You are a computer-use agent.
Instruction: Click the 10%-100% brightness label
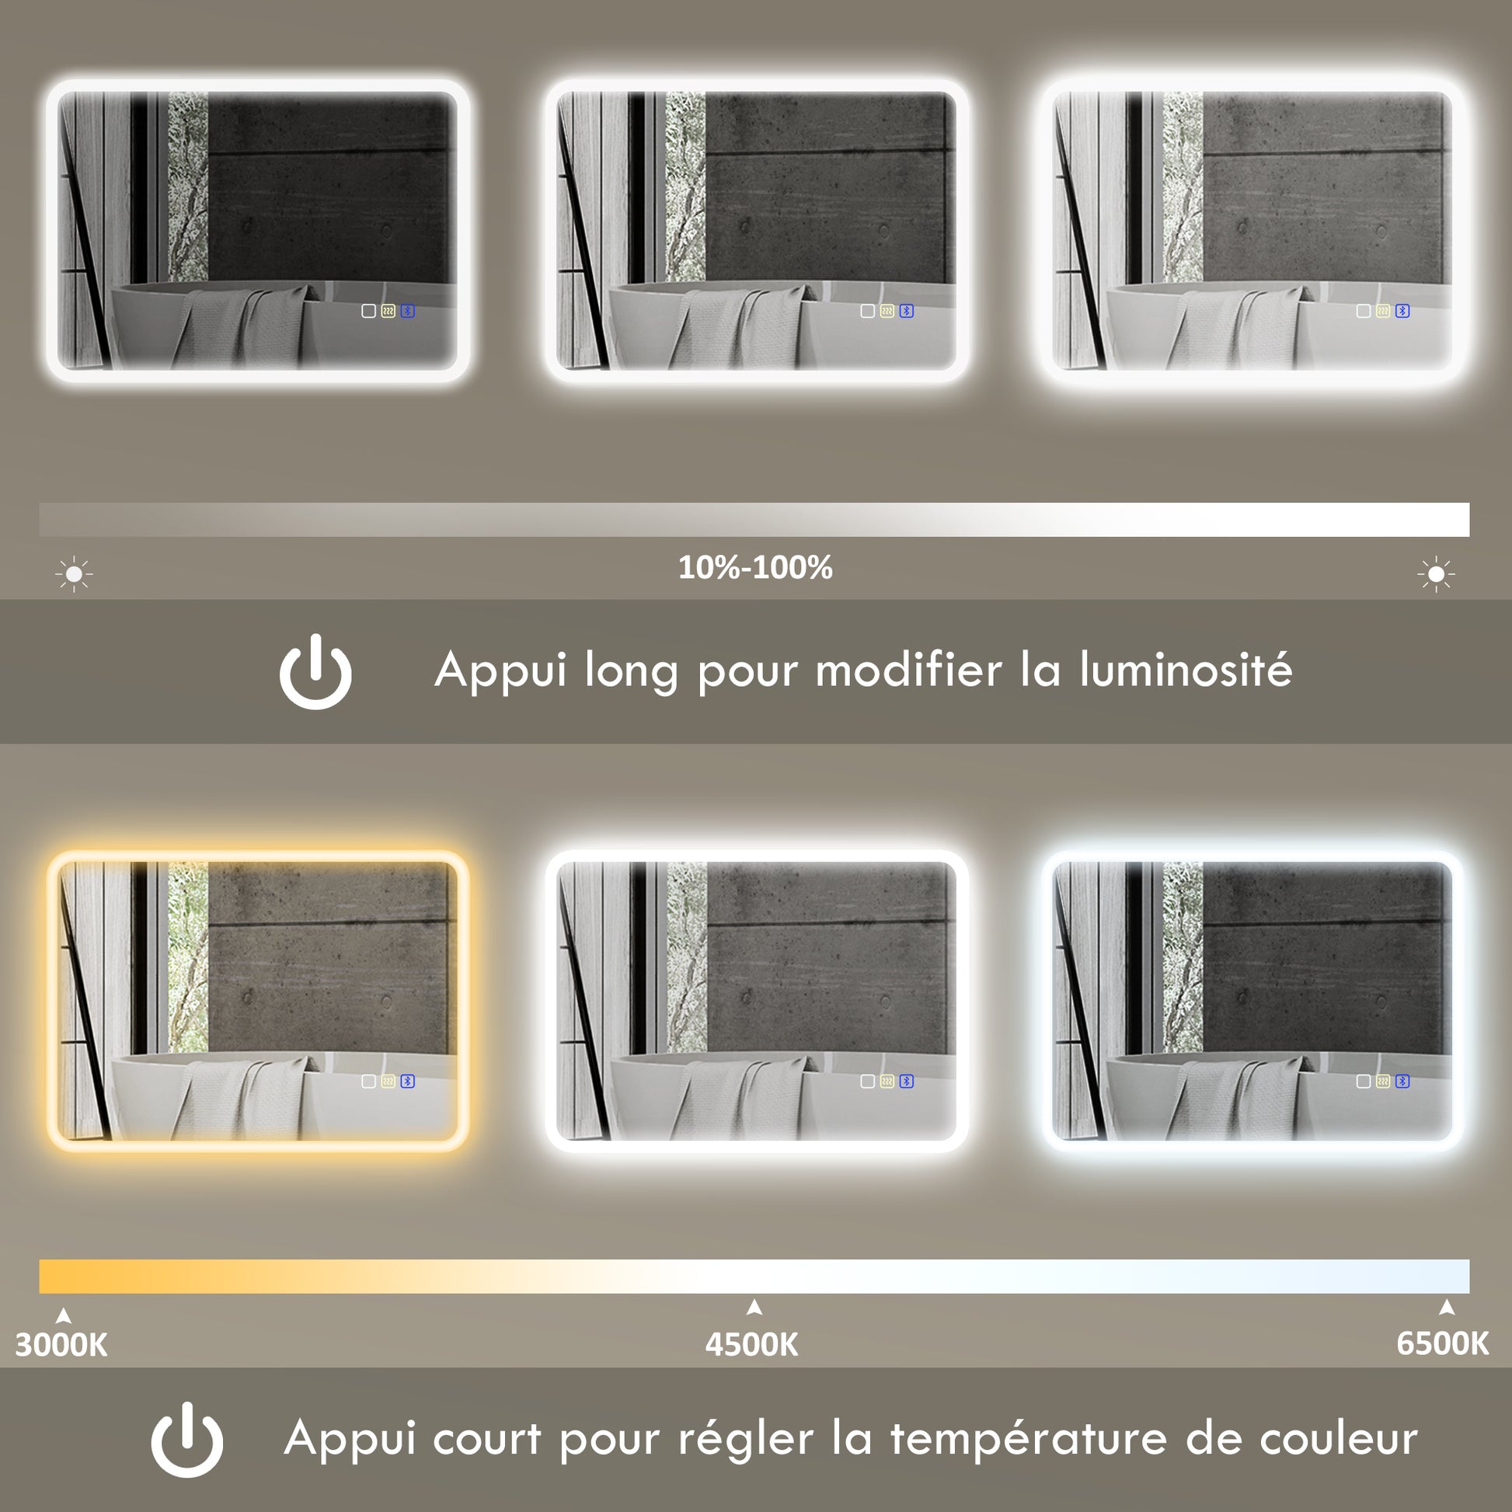coord(755,567)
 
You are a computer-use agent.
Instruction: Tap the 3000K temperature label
coord(61,1344)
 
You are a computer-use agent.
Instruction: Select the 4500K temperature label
coord(751,1344)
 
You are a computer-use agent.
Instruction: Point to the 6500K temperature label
coord(1442,1343)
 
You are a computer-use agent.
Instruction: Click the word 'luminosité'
coord(1186,671)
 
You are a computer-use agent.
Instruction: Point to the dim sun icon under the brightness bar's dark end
coord(75,574)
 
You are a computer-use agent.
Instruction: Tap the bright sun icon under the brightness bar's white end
coord(1436,574)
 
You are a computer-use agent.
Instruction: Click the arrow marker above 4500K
coord(754,1307)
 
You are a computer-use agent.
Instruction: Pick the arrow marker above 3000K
coord(64,1316)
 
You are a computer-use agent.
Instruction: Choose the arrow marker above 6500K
coord(1447,1307)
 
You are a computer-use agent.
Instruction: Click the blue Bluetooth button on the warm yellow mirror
coord(408,1081)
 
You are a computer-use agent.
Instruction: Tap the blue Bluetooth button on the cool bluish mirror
coord(1402,1081)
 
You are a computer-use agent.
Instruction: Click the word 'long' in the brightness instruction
coord(631,672)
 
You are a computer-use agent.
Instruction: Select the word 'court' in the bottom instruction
coord(487,1439)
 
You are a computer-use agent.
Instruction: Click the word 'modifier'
coord(908,671)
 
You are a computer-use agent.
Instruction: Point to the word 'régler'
coord(746,1440)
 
